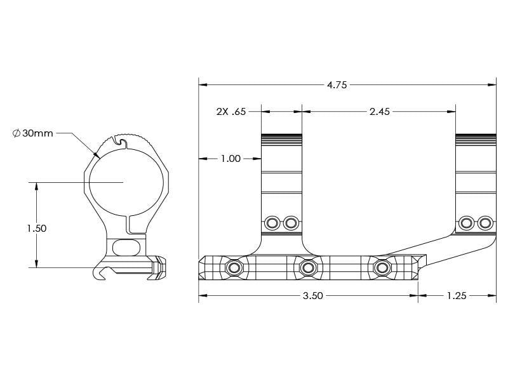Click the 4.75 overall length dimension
click(337, 85)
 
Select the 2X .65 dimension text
click(231, 112)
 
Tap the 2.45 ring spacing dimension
click(379, 112)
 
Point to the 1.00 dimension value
click(230, 159)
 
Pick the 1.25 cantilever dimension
click(457, 296)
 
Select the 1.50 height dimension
click(36, 228)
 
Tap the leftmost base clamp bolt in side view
click(234, 268)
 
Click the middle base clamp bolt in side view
click(309, 267)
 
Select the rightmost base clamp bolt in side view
click(382, 267)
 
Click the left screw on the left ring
click(273, 223)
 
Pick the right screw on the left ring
click(291, 223)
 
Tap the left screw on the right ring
click(467, 223)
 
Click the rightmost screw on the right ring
click(486, 223)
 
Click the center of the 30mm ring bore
click(123, 182)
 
